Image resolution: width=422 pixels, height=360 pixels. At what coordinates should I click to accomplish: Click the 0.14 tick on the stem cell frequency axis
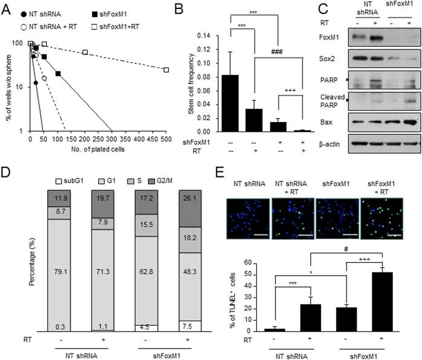(212, 35)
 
